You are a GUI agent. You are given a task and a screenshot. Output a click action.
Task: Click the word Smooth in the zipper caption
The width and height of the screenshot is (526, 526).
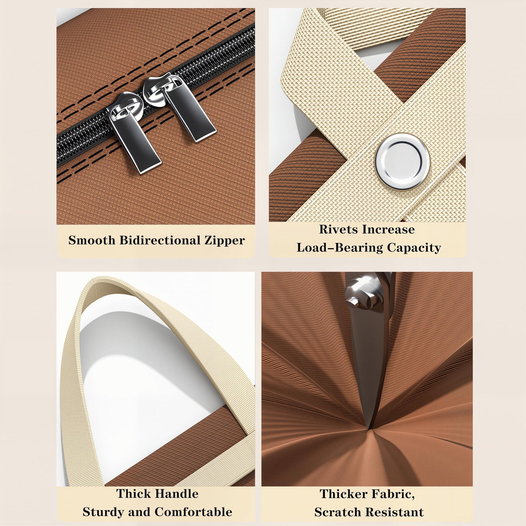point(92,240)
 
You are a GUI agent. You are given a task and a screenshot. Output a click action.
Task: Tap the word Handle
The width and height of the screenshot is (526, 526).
point(177,486)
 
